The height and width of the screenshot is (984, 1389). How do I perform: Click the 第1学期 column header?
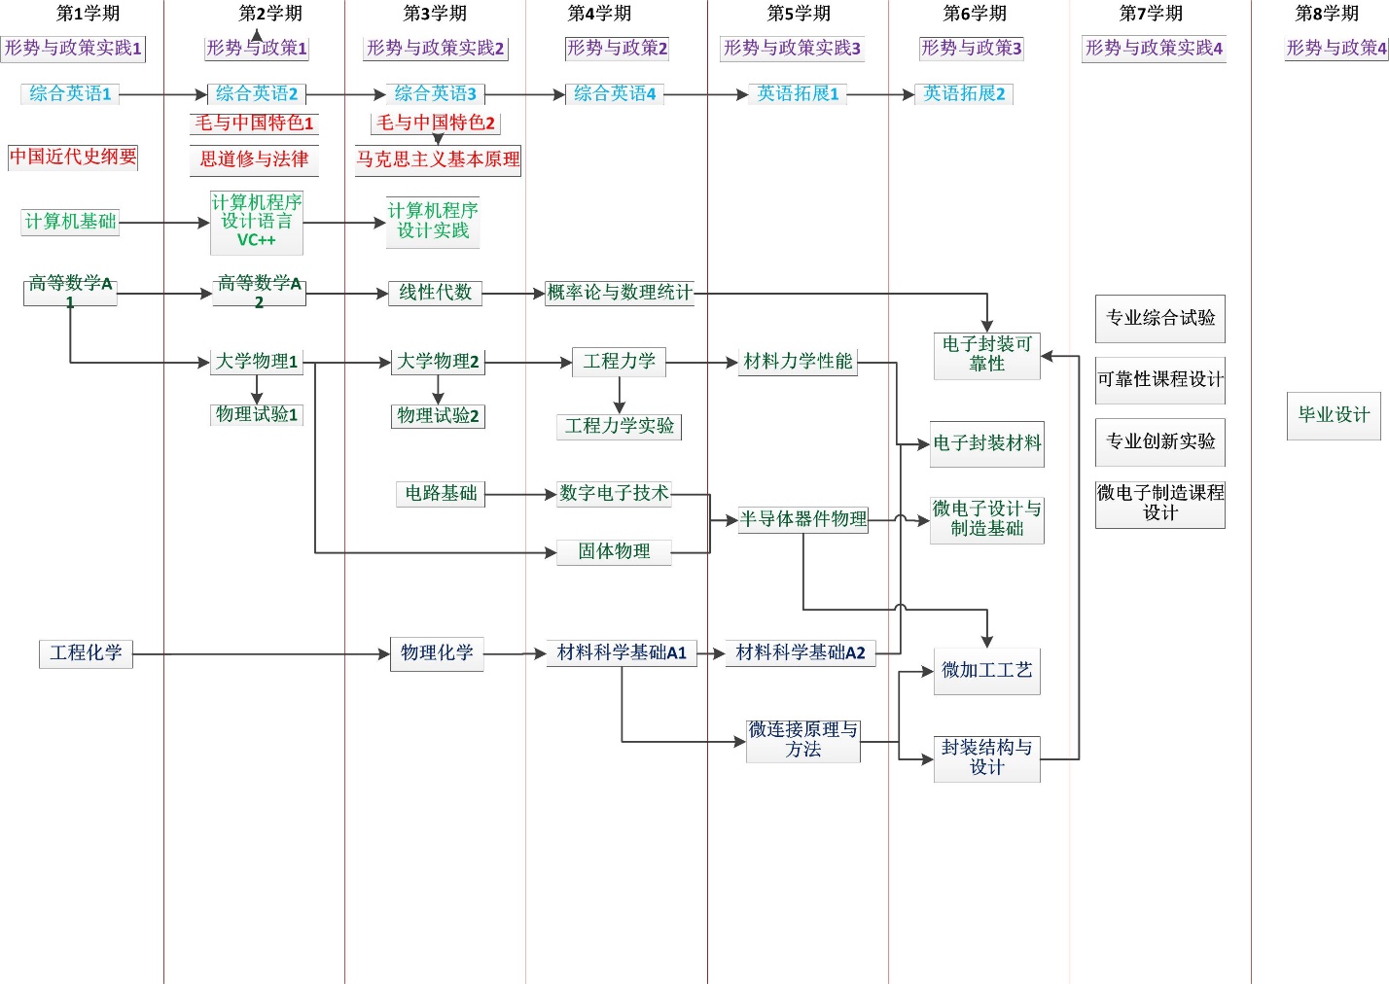coord(88,14)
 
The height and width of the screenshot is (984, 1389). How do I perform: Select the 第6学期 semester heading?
coord(975,14)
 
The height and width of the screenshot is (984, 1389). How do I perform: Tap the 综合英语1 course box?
coord(70,93)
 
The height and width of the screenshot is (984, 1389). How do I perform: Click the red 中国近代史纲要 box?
coord(73,157)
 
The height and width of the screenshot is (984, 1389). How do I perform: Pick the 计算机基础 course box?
coord(70,222)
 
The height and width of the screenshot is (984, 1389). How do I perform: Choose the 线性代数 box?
coord(435,293)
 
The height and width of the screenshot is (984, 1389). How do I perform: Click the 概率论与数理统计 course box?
coord(620,293)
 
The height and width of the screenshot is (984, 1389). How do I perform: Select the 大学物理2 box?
coord(438,362)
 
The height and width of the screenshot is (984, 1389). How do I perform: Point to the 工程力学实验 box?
coord(619,426)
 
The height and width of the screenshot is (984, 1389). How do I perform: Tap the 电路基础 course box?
coord(441,494)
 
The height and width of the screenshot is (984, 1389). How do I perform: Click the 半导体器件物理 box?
coord(802,519)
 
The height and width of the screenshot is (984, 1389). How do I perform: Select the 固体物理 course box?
coord(614,551)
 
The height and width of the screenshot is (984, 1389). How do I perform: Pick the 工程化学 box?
coord(86,653)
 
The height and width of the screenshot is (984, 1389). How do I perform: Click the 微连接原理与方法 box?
coord(802,740)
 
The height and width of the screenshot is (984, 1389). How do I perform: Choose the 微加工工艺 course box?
coord(986,670)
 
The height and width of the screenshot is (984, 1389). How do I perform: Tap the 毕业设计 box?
coord(1334,415)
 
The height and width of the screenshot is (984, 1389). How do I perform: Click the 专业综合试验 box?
coord(1159,318)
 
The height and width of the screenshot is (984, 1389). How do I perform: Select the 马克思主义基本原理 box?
coord(438,159)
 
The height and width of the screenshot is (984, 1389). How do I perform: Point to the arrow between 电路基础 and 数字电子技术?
coord(520,494)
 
